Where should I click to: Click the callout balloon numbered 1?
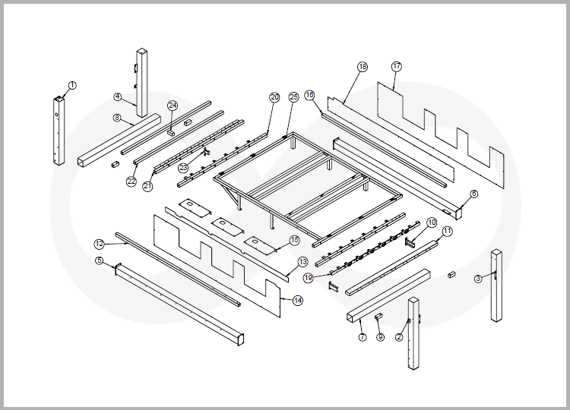(x=71, y=85)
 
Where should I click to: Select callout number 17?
(x=397, y=66)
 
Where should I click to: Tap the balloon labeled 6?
(x=474, y=194)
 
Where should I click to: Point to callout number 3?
(x=478, y=279)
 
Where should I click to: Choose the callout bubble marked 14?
(x=297, y=301)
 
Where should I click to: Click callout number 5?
(x=100, y=260)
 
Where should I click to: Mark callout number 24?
(x=173, y=105)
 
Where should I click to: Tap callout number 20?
(x=274, y=97)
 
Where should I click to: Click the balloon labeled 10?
(x=431, y=223)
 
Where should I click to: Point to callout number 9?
(x=380, y=337)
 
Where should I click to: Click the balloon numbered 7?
(x=362, y=336)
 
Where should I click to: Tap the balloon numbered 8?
(x=117, y=118)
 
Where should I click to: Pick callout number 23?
(x=182, y=167)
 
